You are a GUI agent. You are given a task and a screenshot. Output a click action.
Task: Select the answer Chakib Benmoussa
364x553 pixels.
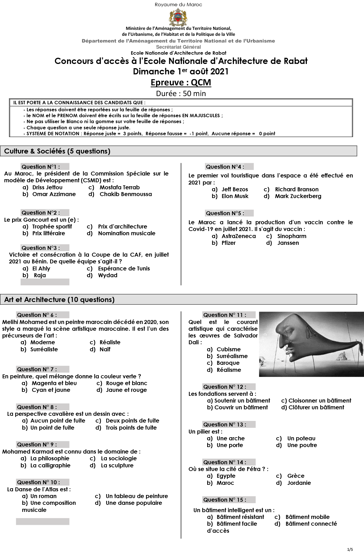pos(126,194)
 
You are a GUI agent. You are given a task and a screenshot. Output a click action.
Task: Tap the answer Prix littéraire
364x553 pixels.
pos(48,233)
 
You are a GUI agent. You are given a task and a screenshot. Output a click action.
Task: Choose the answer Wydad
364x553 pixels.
pos(108,275)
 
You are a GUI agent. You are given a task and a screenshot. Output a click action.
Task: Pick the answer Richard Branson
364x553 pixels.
pos(297,189)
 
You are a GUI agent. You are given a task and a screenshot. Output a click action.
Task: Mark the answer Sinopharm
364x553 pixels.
pos(292,236)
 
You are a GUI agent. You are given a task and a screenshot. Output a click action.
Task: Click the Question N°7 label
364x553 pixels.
pos(37,369)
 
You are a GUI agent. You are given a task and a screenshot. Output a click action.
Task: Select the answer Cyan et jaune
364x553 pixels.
pos(51,390)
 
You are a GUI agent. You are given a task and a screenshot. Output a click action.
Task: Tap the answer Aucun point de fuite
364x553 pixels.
pos(58,421)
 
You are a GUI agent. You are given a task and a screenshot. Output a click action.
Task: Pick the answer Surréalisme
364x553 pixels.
pos(232,356)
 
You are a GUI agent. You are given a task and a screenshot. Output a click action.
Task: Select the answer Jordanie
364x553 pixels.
pos(299,483)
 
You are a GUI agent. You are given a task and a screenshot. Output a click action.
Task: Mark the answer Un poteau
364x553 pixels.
pos(301,438)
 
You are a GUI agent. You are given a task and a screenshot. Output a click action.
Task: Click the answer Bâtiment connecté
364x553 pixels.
pos(311,524)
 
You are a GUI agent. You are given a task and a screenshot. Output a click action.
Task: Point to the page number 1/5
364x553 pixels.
pos(350,549)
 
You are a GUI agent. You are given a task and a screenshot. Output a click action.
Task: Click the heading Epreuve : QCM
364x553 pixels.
pos(181,83)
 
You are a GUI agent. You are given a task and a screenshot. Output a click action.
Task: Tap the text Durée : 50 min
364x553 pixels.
pos(181,94)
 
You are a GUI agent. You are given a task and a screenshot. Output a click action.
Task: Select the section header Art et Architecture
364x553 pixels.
pos(59,299)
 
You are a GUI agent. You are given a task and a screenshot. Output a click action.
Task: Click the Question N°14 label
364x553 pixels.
pos(224,462)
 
